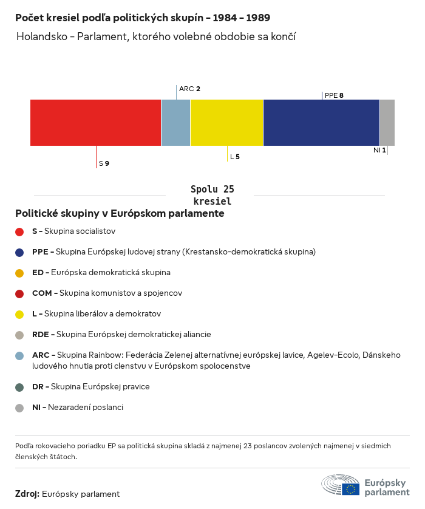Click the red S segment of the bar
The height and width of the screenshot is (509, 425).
95,123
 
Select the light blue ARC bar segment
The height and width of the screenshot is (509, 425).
175,123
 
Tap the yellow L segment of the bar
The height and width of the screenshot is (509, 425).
226,123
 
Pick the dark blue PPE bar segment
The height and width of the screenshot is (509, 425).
321,123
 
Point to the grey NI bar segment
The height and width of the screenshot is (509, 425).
387,123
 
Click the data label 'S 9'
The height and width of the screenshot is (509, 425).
104,163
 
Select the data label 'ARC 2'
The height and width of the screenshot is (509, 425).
189,89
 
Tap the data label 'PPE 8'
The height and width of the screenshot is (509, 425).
334,95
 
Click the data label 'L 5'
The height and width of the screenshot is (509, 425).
234,157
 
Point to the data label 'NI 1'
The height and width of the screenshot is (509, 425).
379,149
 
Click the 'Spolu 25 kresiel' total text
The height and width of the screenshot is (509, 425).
212,195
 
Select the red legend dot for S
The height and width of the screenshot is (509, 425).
19,231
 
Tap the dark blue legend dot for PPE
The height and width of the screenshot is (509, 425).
19,251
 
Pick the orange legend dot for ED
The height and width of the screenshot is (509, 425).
19,273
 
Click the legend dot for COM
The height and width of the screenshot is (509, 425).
19,293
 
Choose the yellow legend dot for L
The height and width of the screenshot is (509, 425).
19,314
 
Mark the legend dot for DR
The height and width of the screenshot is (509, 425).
19,387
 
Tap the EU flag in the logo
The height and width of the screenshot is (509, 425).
350,488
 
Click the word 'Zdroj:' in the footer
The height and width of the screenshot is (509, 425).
27,494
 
